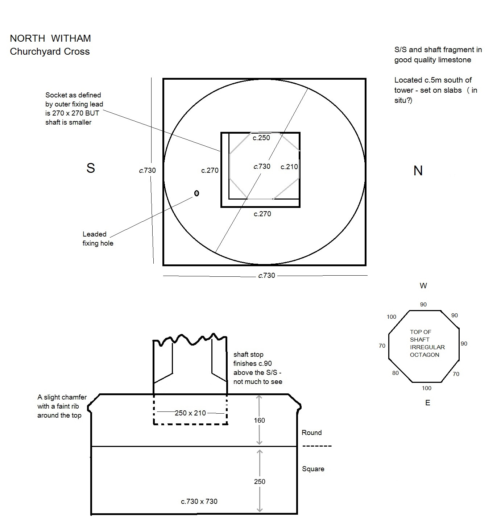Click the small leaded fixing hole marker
coord(197,193)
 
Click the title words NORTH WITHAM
coord(50,38)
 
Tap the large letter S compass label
coord(91,168)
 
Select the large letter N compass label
coord(418,171)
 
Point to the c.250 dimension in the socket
coord(261,138)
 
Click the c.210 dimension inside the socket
coord(289,167)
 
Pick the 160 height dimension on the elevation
coord(259,420)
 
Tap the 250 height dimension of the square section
coord(260,481)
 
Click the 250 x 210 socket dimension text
coord(190,413)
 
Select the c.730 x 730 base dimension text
coord(199,501)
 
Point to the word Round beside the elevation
coord(311,432)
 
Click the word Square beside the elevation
coord(313,469)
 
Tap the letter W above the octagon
coord(423,286)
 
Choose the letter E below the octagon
coord(428,403)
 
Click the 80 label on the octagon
coord(395,373)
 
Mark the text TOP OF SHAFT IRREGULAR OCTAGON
coord(427,343)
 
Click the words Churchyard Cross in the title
coord(50,51)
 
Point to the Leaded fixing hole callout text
coord(98,239)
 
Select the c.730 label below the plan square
coord(266,275)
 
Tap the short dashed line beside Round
coord(317,446)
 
